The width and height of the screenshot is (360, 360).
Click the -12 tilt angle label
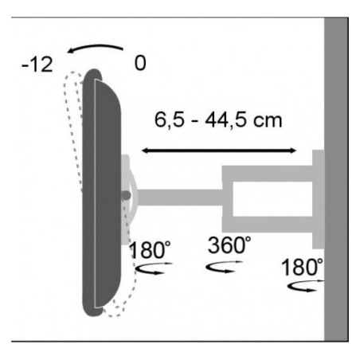coord(37,65)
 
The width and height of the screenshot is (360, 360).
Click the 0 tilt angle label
coord(140,63)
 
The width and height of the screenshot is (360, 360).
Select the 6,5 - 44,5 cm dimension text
coord(218,120)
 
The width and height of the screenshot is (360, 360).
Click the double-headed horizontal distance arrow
coord(219,151)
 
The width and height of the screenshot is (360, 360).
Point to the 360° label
coord(229,245)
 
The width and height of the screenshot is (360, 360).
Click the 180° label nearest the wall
coord(302,267)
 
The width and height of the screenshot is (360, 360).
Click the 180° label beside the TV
coord(151,250)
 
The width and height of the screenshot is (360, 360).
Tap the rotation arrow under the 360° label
coord(225,267)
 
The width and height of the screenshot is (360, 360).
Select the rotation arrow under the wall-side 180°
coord(305,286)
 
